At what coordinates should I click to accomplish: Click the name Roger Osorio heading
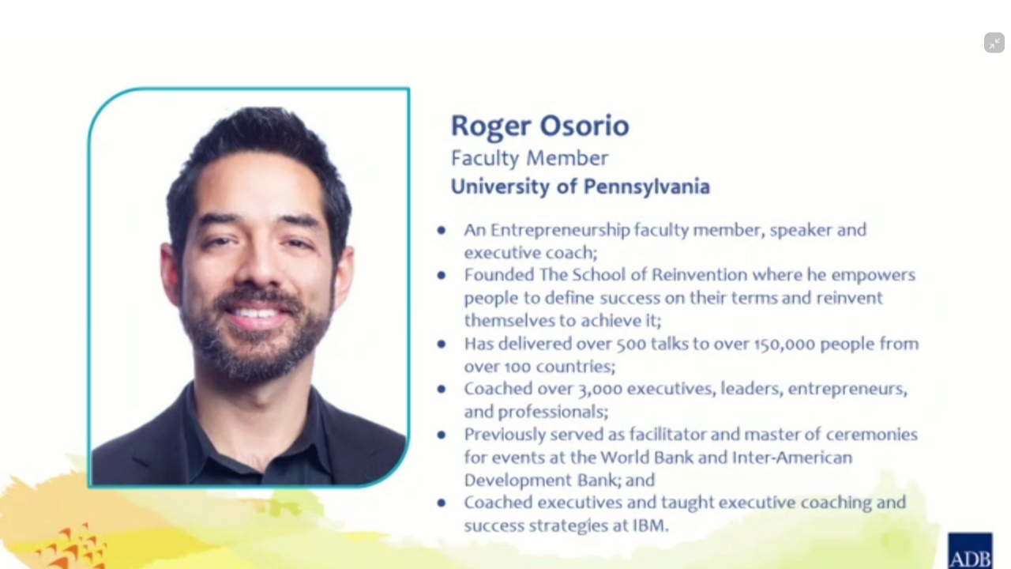point(539,126)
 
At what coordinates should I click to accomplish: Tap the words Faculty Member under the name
point(529,159)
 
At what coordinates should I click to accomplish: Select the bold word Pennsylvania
point(647,187)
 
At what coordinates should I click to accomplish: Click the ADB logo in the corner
point(970,551)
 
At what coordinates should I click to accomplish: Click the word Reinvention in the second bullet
point(700,274)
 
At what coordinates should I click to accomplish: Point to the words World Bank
point(647,458)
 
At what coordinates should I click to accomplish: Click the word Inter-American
point(792,458)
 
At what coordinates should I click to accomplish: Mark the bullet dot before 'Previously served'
point(442,435)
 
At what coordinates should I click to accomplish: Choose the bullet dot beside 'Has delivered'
point(442,344)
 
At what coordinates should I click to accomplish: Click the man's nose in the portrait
point(258,266)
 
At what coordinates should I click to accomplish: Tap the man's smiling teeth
point(255,312)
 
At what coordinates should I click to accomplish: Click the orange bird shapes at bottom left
point(72,548)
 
